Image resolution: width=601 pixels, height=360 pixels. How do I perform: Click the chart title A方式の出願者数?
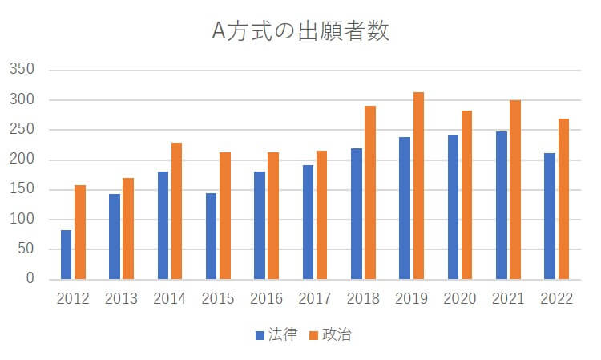pyautogui.click(x=300, y=31)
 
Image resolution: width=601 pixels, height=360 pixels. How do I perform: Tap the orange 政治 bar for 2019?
pyautogui.click(x=418, y=186)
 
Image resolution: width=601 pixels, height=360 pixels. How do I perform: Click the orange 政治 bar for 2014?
pyautogui.click(x=176, y=211)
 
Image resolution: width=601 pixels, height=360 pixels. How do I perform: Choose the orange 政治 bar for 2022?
pyautogui.click(x=563, y=199)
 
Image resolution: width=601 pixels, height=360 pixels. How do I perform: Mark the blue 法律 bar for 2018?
pyautogui.click(x=356, y=213)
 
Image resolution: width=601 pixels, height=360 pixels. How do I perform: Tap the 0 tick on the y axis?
pyautogui.click(x=30, y=279)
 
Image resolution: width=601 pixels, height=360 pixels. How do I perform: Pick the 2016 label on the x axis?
pyautogui.click(x=266, y=299)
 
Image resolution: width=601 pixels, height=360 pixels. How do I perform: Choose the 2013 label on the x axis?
pyautogui.click(x=121, y=299)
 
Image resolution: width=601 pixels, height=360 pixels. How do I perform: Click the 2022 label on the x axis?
pyautogui.click(x=556, y=299)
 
